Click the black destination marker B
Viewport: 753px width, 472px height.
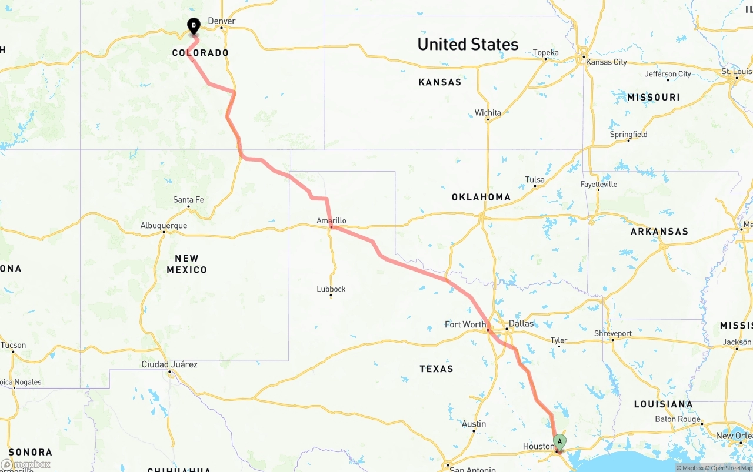point(194,26)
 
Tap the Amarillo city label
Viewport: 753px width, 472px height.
point(331,221)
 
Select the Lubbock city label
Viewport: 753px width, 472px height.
point(331,289)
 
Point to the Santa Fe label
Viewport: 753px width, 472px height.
point(188,200)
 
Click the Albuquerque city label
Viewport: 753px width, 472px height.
point(164,226)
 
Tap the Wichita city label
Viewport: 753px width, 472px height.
point(488,113)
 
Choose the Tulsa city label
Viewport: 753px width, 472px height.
point(535,180)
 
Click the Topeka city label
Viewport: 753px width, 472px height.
point(545,53)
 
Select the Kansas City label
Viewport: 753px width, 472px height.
point(607,62)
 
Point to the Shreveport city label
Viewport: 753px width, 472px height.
point(612,333)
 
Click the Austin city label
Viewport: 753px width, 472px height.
point(474,424)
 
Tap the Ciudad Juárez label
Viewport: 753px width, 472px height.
point(169,364)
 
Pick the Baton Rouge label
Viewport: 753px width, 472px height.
point(678,419)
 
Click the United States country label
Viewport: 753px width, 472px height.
point(468,44)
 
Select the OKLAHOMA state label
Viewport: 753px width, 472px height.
point(481,197)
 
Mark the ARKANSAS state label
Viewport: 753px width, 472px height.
point(659,232)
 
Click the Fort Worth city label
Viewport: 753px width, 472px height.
point(465,324)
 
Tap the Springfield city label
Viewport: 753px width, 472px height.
point(628,135)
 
